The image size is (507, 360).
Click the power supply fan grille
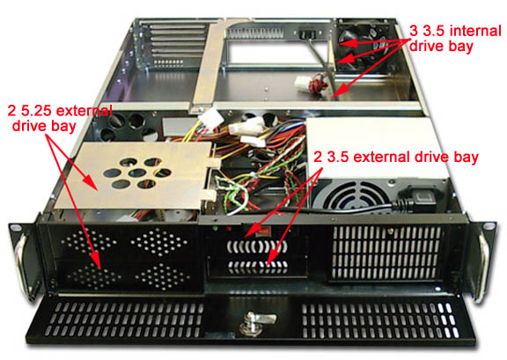point(352,196)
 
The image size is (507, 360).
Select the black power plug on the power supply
point(417,201)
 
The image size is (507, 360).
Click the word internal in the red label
point(475,32)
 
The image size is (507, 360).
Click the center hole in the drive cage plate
point(137,173)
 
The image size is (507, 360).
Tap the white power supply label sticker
point(375,147)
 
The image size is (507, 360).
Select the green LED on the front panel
point(214,229)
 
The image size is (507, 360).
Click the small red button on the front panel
point(265,231)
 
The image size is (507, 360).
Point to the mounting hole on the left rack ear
point(16,228)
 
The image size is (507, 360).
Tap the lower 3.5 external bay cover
point(257,267)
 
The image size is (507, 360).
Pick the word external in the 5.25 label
point(84,111)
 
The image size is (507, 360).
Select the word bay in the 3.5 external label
point(466,158)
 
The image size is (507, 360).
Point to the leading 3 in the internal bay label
point(414,32)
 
